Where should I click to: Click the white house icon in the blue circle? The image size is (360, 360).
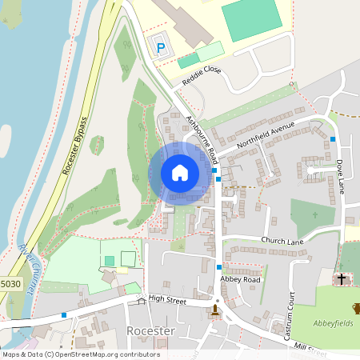coord(180,172)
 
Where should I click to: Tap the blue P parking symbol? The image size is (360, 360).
coord(160,48)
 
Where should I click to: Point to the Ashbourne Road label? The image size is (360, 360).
coord(202,135)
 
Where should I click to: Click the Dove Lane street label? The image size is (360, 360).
coord(340,174)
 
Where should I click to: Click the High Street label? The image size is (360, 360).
coord(166,299)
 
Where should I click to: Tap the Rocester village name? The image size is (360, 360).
coord(151,331)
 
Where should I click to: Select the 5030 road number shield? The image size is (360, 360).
coord(10,284)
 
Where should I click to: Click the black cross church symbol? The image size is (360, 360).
coord(342,279)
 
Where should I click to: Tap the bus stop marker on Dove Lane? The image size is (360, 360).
coord(333,139)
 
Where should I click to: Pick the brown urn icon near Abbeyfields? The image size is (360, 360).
coord(356,308)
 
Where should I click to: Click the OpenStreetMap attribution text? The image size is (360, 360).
coord(80,354)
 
